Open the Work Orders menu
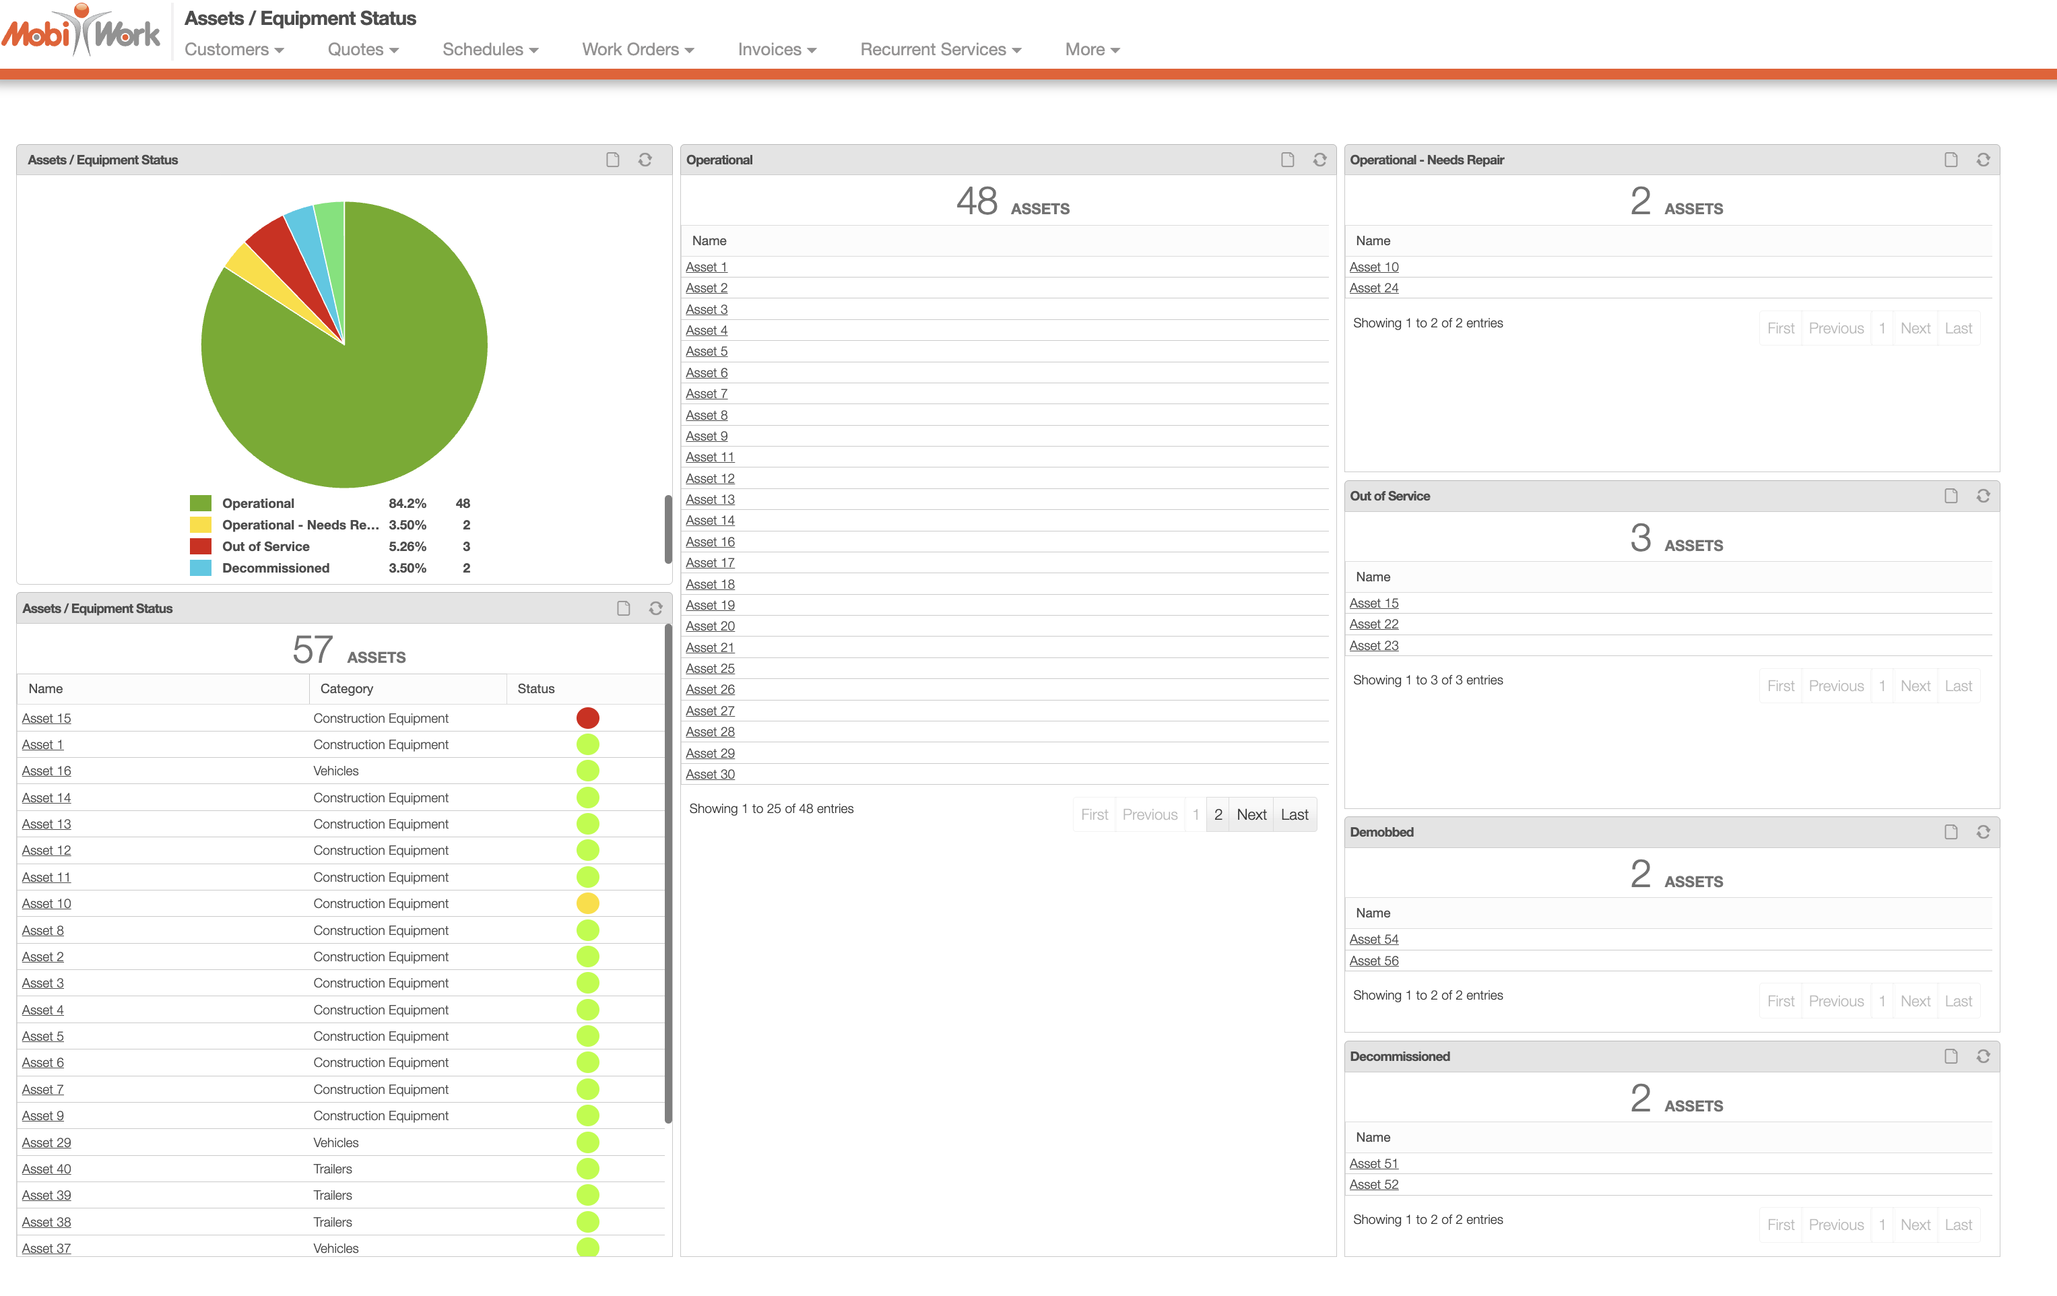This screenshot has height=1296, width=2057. pos(637,50)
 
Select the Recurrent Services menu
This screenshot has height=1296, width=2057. pos(940,50)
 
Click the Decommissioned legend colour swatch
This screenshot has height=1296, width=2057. pos(201,568)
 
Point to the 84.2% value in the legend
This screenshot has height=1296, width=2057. pos(407,503)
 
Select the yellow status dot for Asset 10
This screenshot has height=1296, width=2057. pos(588,904)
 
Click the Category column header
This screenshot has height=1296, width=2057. pos(347,688)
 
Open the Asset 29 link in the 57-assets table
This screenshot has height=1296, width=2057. pos(46,1143)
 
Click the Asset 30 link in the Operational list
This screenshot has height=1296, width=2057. pos(710,775)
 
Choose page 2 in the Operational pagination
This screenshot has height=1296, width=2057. pos(1218,815)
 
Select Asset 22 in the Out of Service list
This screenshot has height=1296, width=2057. pos(1373,624)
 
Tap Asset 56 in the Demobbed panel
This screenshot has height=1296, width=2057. pos(1373,961)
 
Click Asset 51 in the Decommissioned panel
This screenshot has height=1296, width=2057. pos(1373,1163)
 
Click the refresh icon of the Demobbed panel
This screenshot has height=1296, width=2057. pos(1983,832)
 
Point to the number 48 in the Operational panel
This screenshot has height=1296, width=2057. pos(977,201)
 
